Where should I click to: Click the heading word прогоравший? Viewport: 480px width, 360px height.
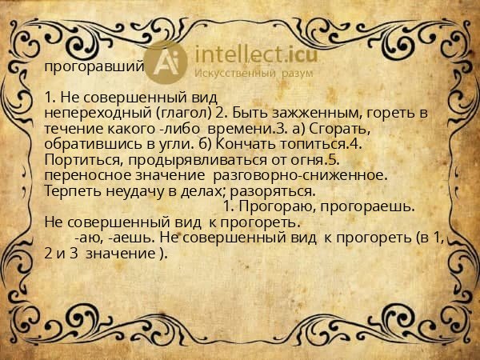(x=94, y=66)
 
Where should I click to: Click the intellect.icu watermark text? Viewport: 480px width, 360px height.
(x=254, y=55)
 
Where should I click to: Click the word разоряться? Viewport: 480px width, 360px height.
(x=272, y=190)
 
